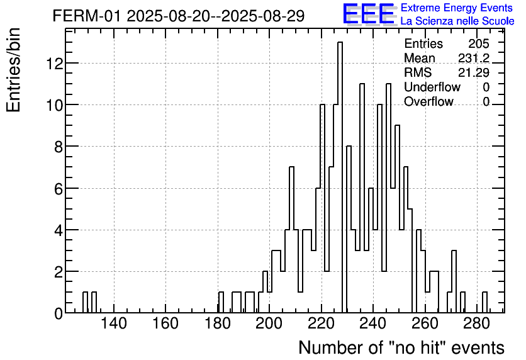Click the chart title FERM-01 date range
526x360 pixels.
coord(179,16)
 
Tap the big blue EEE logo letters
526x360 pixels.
coord(369,14)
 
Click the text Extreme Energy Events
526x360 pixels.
coord(456,8)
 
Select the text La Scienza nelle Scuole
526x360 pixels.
coord(457,21)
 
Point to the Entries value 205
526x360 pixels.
coord(478,44)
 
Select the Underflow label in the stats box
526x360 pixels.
coord(432,87)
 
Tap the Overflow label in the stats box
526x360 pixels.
coord(428,102)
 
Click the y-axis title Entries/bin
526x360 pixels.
coord(14,70)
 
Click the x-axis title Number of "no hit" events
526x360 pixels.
coord(401,347)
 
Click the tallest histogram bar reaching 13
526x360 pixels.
coord(340,176)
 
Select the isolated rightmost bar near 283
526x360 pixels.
coord(484,303)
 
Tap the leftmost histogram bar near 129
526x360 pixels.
coord(85,303)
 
